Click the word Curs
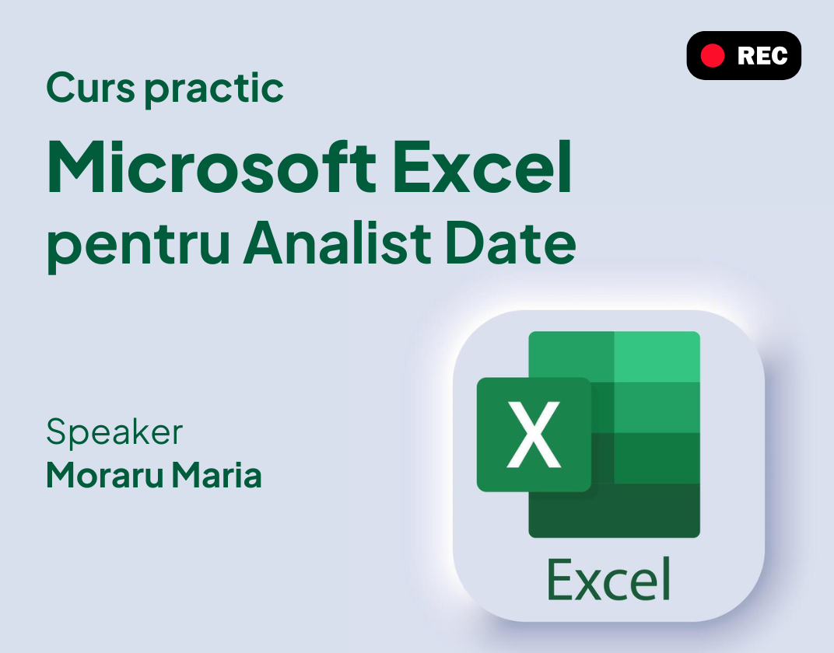[90, 88]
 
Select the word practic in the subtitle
[214, 89]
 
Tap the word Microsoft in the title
[212, 167]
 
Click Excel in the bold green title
[482, 167]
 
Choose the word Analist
[337, 243]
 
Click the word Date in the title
[510, 243]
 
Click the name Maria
[216, 475]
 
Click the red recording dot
[712, 56]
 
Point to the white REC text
[762, 56]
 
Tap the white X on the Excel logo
[534, 435]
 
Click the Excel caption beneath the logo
[608, 580]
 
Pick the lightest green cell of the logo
[657, 357]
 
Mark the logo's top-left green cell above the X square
[571, 354]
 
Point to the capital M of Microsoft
[78, 167]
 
